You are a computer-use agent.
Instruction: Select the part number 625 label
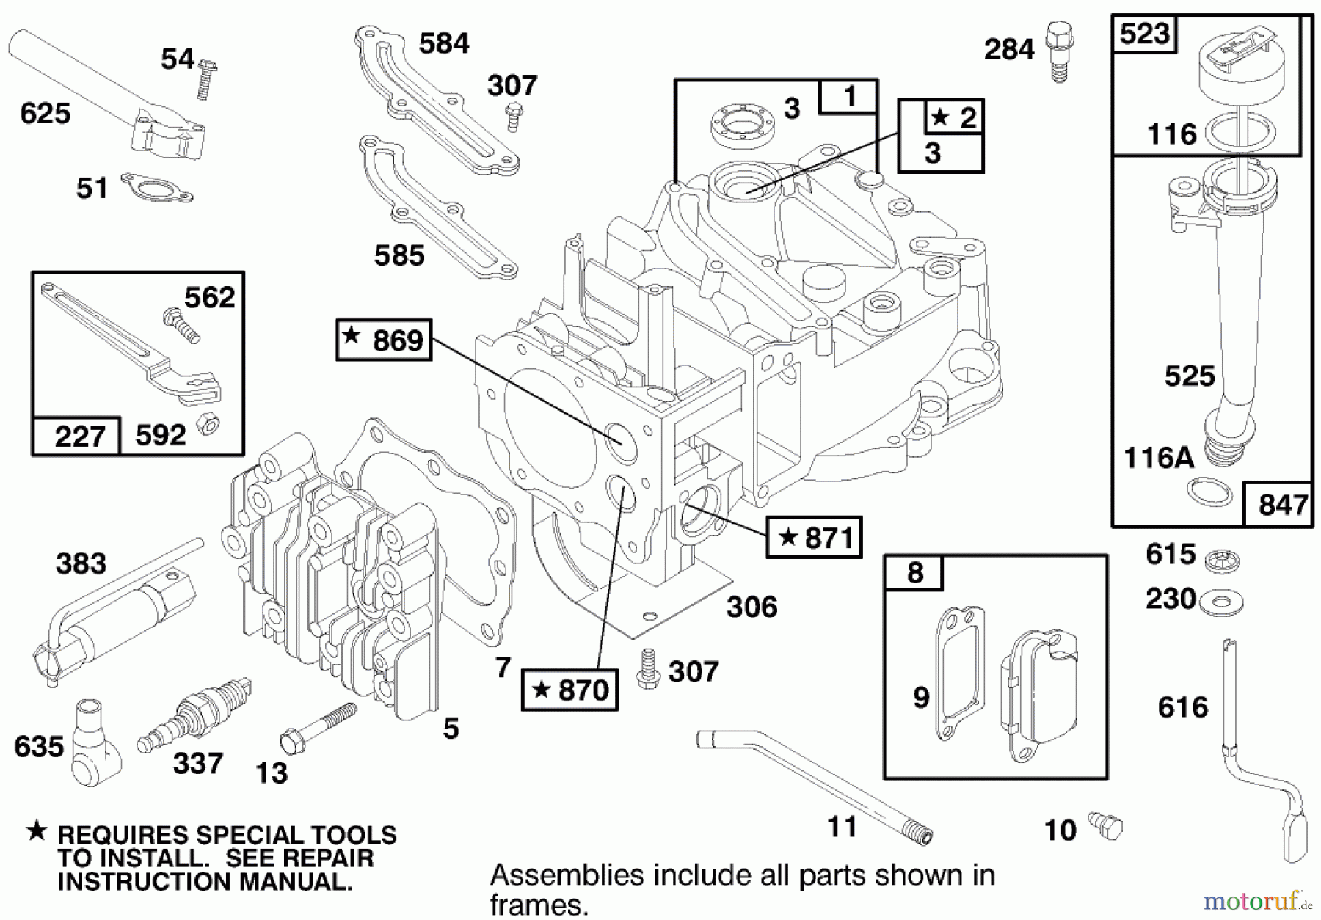click(x=46, y=114)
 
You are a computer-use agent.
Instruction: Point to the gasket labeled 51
click(x=156, y=187)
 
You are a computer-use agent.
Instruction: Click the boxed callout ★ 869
click(x=384, y=340)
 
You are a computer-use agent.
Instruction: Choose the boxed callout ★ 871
click(x=815, y=538)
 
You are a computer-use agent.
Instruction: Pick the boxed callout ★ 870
click(x=569, y=690)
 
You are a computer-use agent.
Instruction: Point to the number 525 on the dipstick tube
click(x=1190, y=376)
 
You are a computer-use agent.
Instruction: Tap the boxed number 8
click(x=914, y=573)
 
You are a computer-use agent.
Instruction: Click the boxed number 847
click(x=1282, y=505)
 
